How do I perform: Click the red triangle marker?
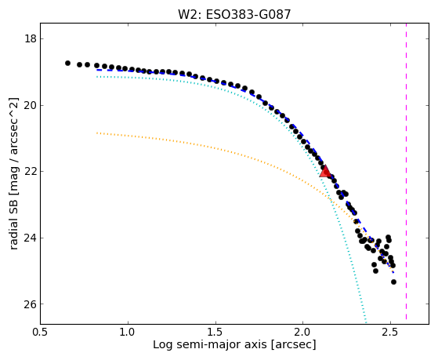coord(325,172)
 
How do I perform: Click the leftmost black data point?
coord(67,64)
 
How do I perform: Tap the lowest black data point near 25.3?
coord(393,282)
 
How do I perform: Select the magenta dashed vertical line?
coord(406,172)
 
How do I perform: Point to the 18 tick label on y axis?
coord(31,38)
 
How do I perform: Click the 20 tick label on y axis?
coord(31,105)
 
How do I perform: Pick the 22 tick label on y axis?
coord(31,171)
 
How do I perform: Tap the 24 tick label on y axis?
coord(31,238)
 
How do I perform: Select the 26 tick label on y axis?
coord(31,304)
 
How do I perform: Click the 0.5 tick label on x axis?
coord(41,332)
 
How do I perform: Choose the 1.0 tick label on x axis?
coord(128,332)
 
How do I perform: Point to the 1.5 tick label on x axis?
coord(215,332)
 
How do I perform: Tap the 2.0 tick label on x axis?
coord(302,332)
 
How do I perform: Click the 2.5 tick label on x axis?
coord(390,332)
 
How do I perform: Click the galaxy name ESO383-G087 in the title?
coord(248,15)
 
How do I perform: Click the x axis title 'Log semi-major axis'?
coord(210,344)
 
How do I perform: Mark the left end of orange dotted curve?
coord(96,133)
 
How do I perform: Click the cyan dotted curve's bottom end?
coord(365,319)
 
